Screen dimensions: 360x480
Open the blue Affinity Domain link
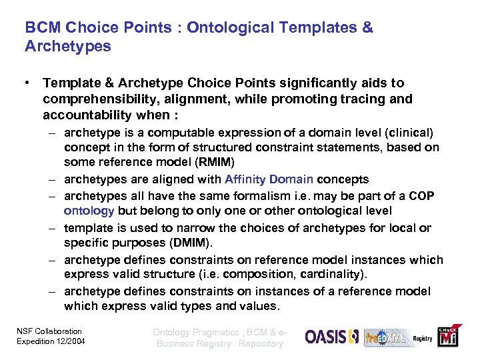point(269,179)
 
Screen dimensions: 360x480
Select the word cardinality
point(336,275)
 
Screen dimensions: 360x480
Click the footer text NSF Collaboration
point(49,331)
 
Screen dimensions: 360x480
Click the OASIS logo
point(332,337)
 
